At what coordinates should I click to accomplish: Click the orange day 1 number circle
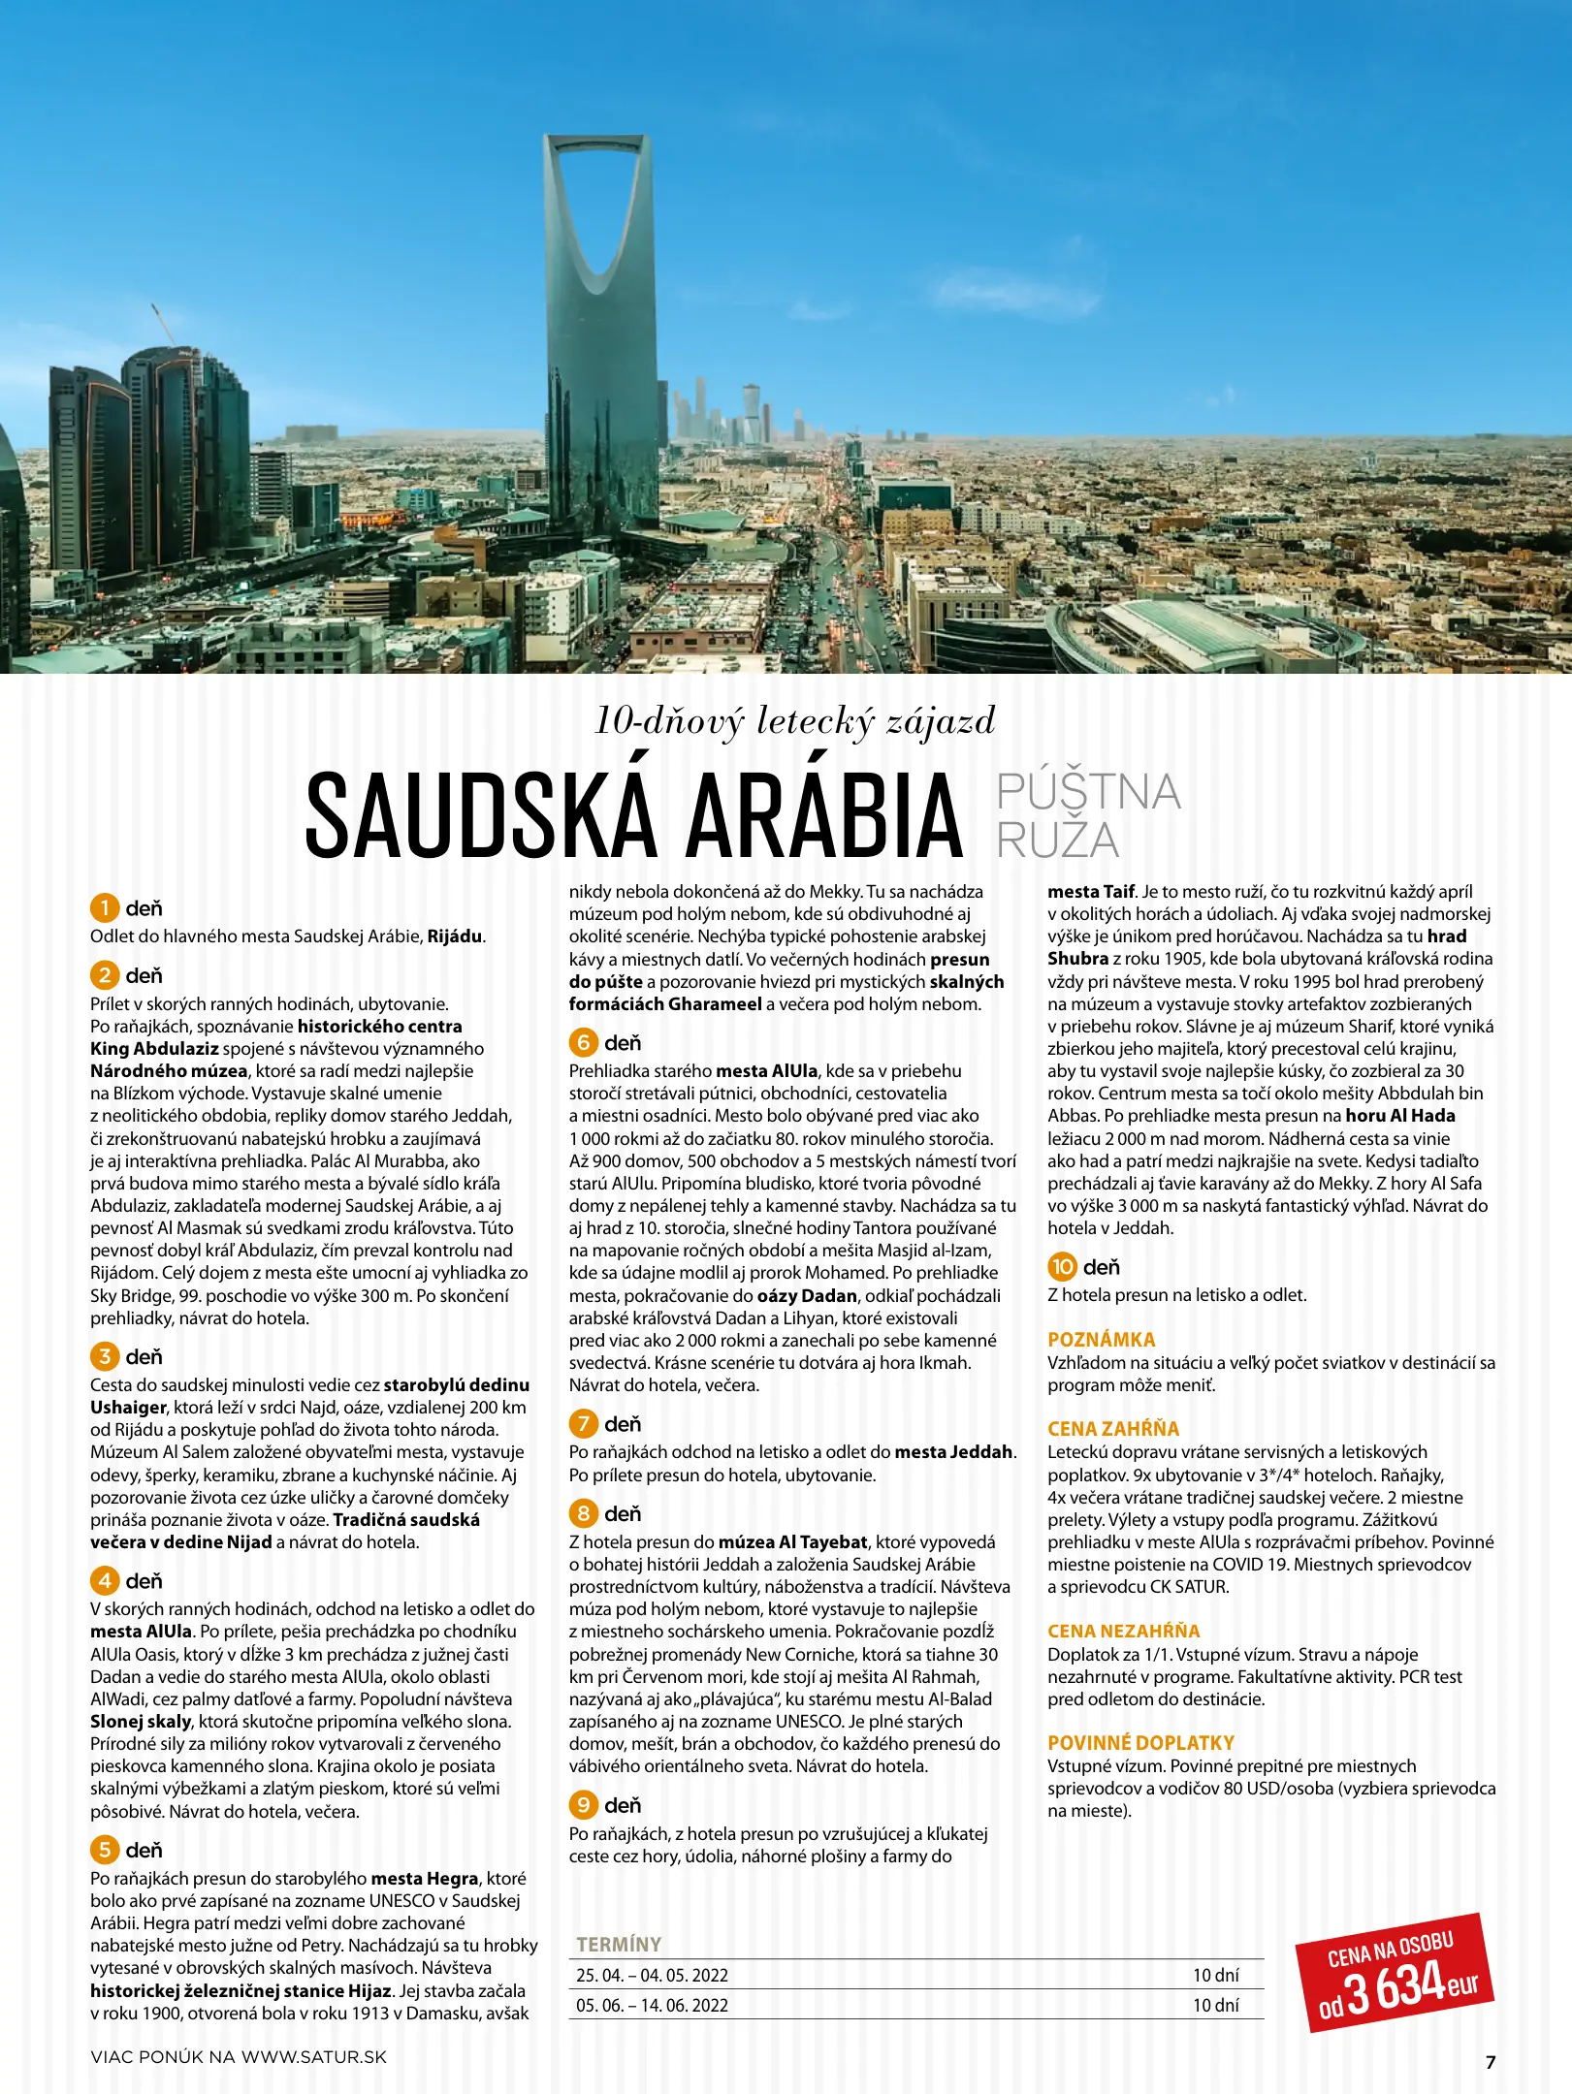(x=104, y=908)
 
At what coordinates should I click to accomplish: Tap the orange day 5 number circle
(x=104, y=1850)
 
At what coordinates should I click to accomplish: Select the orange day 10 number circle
(x=1062, y=1266)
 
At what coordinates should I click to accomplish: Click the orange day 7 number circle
(x=583, y=1423)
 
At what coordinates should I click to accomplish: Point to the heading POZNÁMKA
(x=1101, y=1339)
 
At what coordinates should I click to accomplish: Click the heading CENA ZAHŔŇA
(x=1112, y=1428)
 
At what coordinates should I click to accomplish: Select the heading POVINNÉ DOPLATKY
(x=1140, y=1742)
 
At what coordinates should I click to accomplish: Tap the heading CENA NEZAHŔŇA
(x=1123, y=1631)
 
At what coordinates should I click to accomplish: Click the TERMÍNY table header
(x=619, y=1944)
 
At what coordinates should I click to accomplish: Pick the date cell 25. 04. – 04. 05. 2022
(x=652, y=1975)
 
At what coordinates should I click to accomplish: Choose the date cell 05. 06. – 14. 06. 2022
(x=652, y=2005)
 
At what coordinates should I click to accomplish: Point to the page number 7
(x=1491, y=2062)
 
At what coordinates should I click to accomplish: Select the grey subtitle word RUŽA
(x=1057, y=840)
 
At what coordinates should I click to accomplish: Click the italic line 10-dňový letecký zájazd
(x=794, y=721)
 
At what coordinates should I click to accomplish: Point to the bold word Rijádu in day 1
(x=454, y=936)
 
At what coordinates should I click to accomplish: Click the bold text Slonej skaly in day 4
(x=141, y=1722)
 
